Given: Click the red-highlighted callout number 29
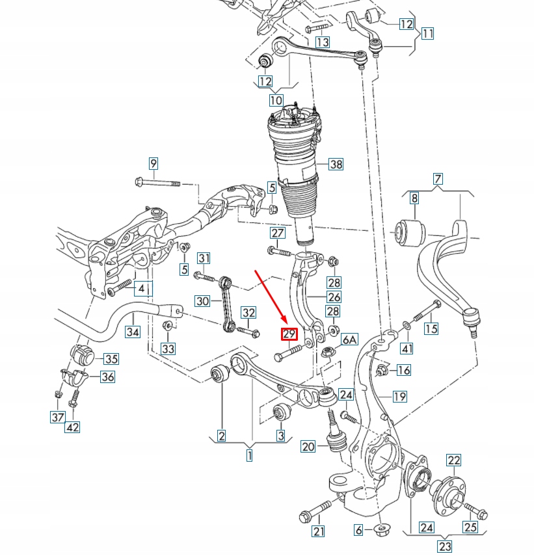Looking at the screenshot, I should (x=289, y=335).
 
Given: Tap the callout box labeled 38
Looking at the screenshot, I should (x=335, y=165).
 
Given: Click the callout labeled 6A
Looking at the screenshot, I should (x=350, y=339).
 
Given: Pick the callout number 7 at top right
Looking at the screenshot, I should (x=438, y=179).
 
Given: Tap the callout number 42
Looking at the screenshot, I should (x=73, y=427).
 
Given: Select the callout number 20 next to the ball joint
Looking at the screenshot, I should (x=308, y=447).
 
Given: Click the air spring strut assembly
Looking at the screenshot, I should (x=297, y=169).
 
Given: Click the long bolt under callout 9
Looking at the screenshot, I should (x=159, y=183).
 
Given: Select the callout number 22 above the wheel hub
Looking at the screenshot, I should (x=453, y=461).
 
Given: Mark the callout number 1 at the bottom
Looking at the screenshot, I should (x=249, y=456).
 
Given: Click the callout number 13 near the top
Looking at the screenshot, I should (x=322, y=42).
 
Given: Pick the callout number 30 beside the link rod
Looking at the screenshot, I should (x=202, y=301).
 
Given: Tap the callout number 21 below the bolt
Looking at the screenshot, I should (x=318, y=532).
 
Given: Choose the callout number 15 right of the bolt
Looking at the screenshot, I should (x=431, y=328).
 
